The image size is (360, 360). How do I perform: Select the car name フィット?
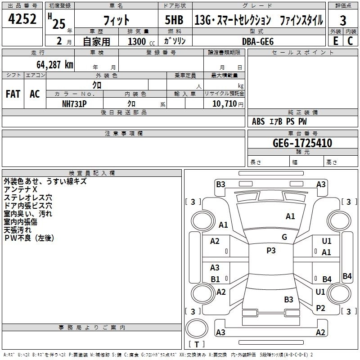(x=117, y=20)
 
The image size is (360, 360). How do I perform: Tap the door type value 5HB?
(x=174, y=20)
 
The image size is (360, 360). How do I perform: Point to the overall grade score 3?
(x=343, y=21)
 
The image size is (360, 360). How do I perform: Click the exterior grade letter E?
(x=335, y=40)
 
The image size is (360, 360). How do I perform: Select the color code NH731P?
(x=74, y=103)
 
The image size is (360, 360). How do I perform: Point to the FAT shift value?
(x=13, y=94)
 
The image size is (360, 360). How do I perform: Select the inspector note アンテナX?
(x=21, y=189)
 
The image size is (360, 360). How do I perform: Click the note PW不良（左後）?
(x=29, y=238)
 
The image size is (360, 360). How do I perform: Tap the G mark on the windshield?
(x=284, y=237)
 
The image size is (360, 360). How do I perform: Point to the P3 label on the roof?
(x=271, y=251)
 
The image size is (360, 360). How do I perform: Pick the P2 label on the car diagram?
(x=320, y=308)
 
